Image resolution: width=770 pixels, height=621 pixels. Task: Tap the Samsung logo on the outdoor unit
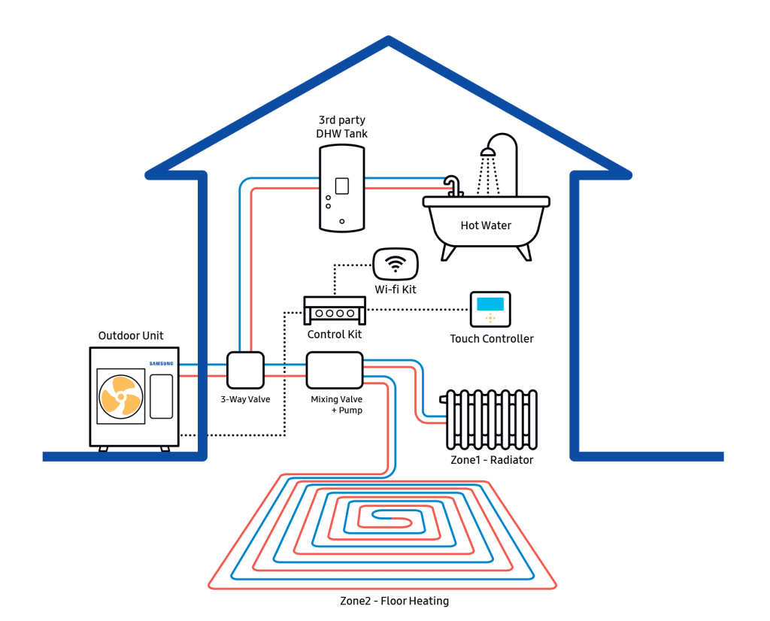[x=162, y=364]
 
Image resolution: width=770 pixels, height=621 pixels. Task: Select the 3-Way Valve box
[x=245, y=369]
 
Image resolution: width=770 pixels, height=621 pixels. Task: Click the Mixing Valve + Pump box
[x=335, y=370]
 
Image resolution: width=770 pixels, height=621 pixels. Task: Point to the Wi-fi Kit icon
[x=396, y=264]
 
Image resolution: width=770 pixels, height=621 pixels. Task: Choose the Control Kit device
[x=335, y=310]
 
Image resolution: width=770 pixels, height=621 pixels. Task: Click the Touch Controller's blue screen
[x=490, y=304]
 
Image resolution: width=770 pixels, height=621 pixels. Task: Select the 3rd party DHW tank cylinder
[x=342, y=188]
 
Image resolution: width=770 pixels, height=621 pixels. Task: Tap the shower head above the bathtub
[x=489, y=152]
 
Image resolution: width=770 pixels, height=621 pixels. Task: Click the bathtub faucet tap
[x=453, y=185]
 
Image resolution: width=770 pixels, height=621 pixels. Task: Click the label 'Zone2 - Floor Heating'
[x=394, y=601]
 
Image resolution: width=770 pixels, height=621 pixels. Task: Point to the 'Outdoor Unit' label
[x=131, y=335]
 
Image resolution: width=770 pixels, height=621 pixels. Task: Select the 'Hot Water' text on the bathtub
[x=486, y=225]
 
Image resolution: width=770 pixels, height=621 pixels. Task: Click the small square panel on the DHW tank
[x=342, y=186]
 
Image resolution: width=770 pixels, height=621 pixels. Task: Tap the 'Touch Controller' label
[x=492, y=339]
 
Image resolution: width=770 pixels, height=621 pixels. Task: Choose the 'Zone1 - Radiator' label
[x=491, y=460]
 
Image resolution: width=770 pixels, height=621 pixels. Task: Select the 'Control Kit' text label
[x=335, y=335]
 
